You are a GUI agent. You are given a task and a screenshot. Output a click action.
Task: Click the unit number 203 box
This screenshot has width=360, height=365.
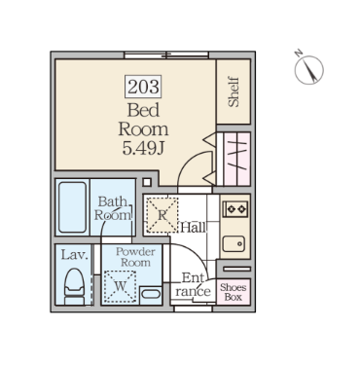point(143,87)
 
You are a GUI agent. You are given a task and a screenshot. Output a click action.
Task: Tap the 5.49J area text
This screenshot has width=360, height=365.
point(143,148)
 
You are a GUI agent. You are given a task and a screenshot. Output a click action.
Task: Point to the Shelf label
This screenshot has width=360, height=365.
point(234,91)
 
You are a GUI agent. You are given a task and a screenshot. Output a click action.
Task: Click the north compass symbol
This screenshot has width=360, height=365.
point(308,69)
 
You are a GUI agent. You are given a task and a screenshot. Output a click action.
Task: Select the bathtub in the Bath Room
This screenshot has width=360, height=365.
point(72,207)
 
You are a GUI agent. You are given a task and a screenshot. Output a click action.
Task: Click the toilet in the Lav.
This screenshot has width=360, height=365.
point(74,286)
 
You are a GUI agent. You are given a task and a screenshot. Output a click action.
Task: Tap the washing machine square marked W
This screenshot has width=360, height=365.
point(120,286)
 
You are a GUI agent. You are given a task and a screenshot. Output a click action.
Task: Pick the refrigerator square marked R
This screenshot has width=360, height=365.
point(162,215)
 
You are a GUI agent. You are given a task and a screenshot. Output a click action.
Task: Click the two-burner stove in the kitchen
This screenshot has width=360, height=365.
point(235,209)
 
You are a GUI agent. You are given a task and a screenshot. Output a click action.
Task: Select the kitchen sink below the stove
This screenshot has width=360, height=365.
point(234,243)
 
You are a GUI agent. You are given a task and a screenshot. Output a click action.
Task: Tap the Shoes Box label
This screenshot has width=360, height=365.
point(233,292)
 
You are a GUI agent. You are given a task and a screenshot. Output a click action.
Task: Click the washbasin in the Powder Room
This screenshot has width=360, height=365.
point(151,295)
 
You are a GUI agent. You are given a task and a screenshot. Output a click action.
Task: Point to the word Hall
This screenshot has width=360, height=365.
point(193,228)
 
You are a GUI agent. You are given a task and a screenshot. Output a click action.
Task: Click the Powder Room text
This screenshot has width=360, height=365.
point(135,257)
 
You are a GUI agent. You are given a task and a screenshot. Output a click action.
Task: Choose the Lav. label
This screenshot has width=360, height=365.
point(75,255)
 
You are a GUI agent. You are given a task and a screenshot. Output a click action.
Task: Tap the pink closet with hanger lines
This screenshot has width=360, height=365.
point(236,159)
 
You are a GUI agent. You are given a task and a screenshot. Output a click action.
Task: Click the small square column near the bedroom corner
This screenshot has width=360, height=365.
point(147,182)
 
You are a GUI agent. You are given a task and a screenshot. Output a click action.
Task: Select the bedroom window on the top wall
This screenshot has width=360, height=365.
point(166,55)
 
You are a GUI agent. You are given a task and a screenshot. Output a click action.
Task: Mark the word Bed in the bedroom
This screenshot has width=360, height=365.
point(143,110)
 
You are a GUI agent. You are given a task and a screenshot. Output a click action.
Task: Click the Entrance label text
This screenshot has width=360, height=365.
point(193,285)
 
